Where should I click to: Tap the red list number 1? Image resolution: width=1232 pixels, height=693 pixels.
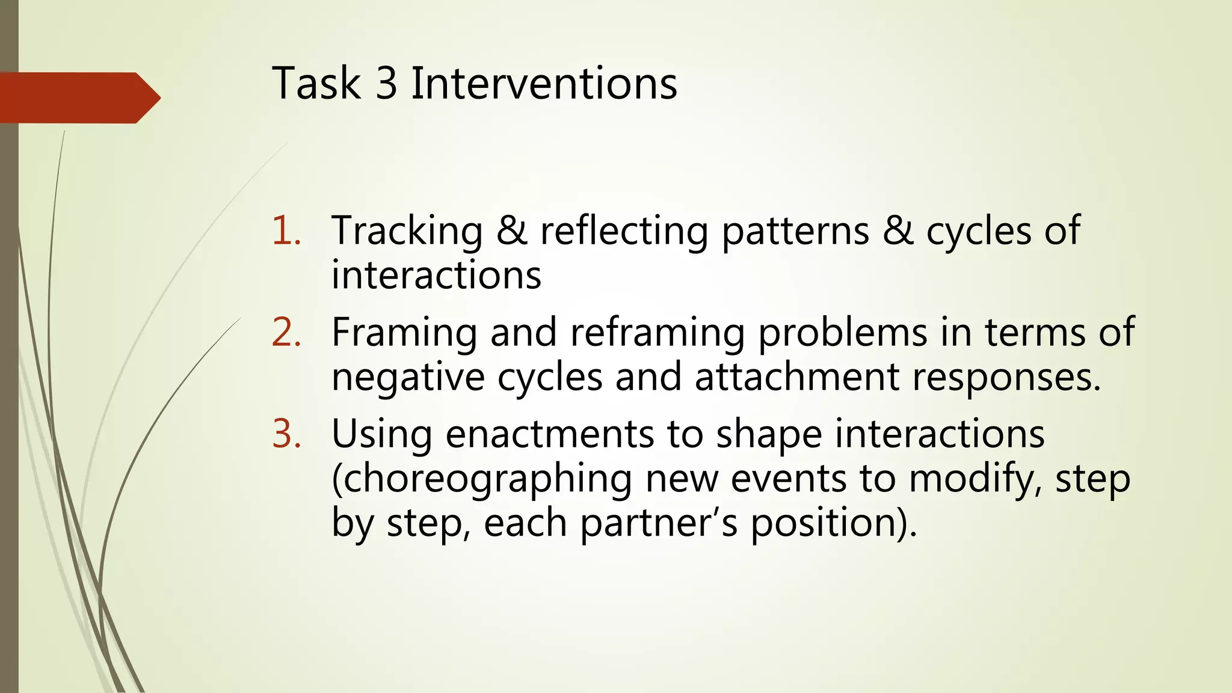(286, 231)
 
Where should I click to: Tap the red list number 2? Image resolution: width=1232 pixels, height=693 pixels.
(286, 333)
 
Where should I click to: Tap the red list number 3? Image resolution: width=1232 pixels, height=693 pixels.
(286, 434)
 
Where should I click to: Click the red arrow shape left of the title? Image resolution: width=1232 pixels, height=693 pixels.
(78, 98)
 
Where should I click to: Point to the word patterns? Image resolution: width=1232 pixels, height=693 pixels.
(795, 231)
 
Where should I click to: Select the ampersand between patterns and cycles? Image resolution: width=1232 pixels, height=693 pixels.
(897, 231)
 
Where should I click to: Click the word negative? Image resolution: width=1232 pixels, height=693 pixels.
(408, 378)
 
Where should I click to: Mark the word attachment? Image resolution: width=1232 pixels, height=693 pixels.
(796, 378)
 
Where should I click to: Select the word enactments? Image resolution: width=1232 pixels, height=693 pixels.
(549, 434)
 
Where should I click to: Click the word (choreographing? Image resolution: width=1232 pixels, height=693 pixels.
(481, 480)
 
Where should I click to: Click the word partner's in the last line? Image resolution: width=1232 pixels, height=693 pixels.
(658, 523)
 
